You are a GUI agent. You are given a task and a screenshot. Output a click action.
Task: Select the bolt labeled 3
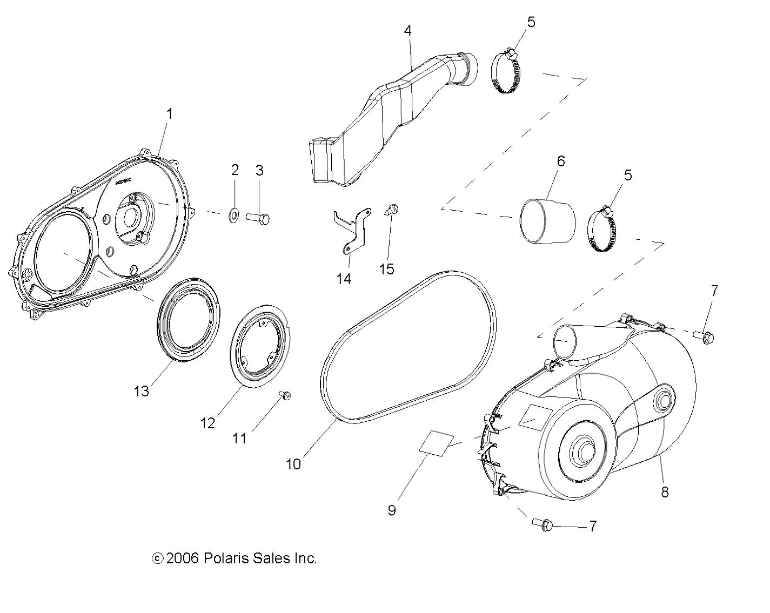click(257, 218)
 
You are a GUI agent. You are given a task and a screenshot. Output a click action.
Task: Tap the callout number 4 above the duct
click(407, 31)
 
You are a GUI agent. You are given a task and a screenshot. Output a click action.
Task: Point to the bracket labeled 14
click(352, 230)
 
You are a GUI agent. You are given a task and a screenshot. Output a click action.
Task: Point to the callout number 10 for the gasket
click(293, 464)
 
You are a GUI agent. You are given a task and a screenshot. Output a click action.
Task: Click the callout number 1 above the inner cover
click(169, 114)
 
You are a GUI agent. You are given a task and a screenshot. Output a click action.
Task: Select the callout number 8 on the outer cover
click(665, 491)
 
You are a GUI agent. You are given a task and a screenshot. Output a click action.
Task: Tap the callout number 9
click(392, 510)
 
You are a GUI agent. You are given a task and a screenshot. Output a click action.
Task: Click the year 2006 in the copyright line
click(184, 558)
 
